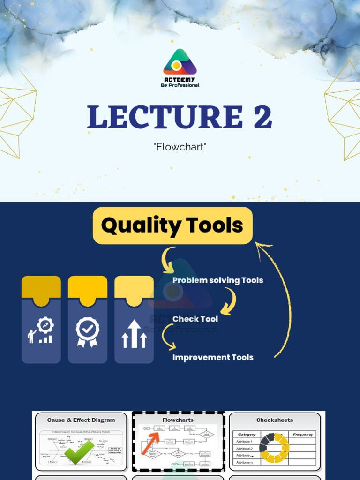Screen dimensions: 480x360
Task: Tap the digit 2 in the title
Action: coord(262,117)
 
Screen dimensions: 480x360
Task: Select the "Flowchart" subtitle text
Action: coord(180,147)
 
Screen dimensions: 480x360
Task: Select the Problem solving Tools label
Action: coord(217,280)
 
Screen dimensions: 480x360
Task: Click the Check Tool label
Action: coord(195,319)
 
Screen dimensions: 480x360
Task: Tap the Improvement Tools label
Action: coord(213,357)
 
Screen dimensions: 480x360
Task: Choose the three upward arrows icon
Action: coord(134,334)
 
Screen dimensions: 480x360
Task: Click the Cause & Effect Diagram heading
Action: coord(81,420)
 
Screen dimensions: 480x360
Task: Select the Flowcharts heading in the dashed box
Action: coord(178,420)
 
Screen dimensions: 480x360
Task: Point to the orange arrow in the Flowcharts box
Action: coord(150,443)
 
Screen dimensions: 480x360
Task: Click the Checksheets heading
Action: coord(275,420)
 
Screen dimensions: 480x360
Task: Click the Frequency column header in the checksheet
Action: coord(302,435)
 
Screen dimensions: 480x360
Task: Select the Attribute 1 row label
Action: coord(244,442)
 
